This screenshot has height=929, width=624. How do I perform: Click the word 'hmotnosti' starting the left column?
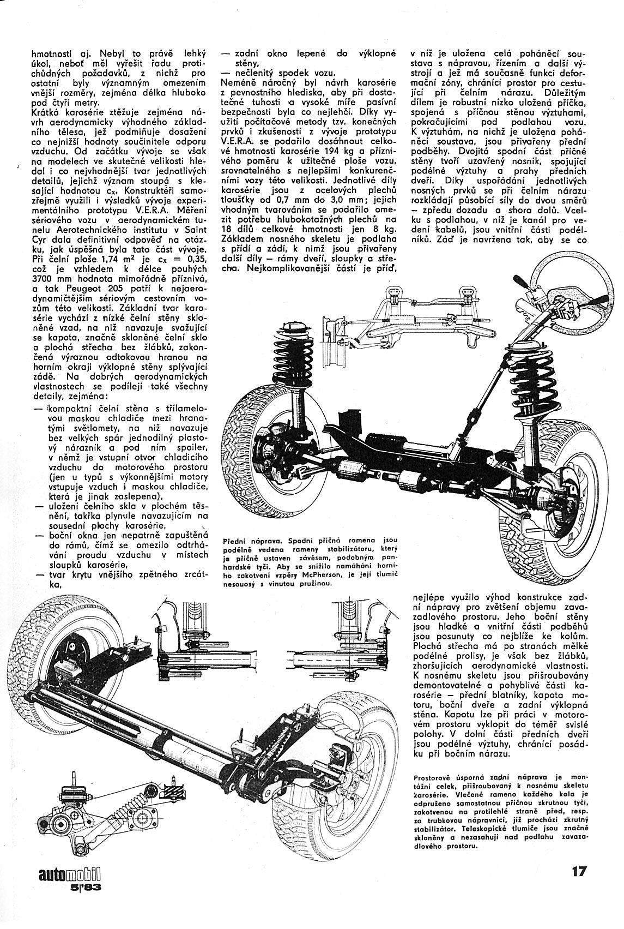coord(52,54)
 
